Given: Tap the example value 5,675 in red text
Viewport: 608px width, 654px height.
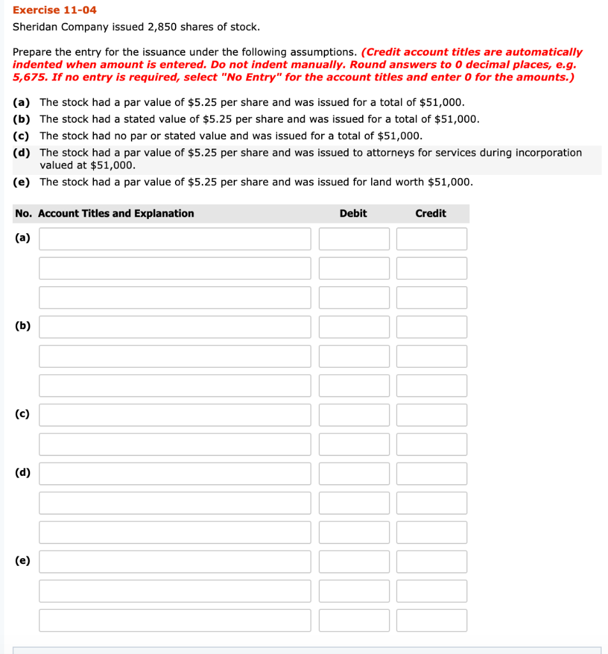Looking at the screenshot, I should point(29,77).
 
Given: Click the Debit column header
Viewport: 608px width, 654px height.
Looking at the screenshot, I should point(353,213).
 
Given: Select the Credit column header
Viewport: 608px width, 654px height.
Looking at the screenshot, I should point(430,213).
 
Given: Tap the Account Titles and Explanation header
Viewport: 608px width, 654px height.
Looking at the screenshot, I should point(116,213).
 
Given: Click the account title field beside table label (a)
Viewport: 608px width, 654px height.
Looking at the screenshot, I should point(175,239).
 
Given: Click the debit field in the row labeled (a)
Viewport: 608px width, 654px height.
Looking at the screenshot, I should point(354,239).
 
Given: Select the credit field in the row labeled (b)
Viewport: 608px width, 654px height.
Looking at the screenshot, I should point(431,327).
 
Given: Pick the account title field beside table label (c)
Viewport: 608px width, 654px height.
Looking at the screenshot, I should point(175,415).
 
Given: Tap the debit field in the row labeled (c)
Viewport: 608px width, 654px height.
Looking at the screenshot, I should point(354,415).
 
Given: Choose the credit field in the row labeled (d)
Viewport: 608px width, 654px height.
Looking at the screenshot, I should point(431,474).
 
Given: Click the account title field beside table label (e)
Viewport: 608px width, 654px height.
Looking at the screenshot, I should point(175,562).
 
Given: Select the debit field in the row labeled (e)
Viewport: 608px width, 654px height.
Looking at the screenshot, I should point(354,562).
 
